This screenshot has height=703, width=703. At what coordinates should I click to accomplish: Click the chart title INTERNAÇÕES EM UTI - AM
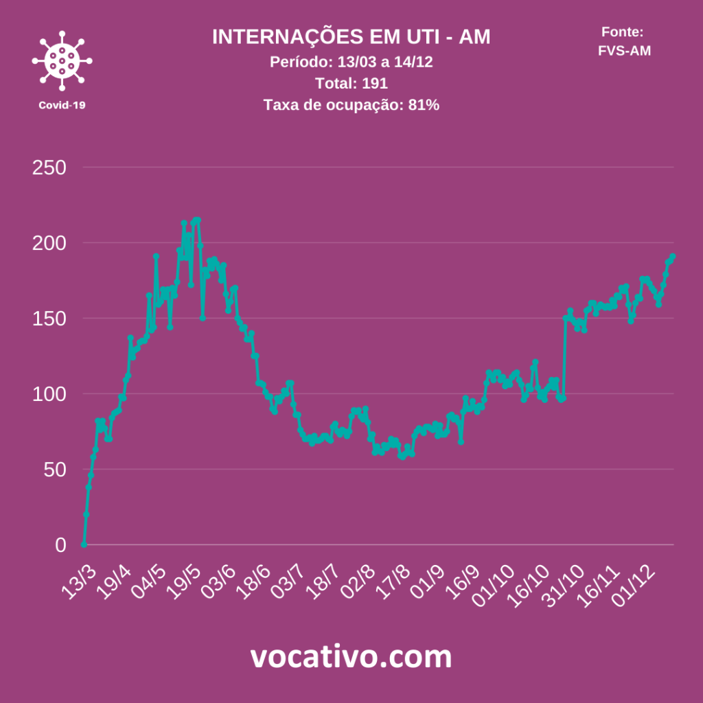351,37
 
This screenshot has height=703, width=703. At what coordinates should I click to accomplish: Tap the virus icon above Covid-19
62,61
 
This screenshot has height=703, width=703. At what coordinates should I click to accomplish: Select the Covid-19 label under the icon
62,105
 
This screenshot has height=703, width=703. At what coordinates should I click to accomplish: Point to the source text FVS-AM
624,50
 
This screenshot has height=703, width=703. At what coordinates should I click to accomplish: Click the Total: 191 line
351,84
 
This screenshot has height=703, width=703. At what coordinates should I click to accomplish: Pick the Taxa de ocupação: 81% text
351,105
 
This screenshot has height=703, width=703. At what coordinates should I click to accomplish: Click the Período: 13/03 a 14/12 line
351,62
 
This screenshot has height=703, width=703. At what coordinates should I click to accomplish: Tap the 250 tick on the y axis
49,168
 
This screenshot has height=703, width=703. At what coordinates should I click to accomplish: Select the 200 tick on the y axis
49,243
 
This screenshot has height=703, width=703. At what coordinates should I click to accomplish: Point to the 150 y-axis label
49,319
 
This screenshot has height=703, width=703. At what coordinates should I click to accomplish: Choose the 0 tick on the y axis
60,545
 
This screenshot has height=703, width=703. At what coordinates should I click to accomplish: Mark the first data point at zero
84,544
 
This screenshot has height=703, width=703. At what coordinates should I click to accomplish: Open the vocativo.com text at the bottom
351,657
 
